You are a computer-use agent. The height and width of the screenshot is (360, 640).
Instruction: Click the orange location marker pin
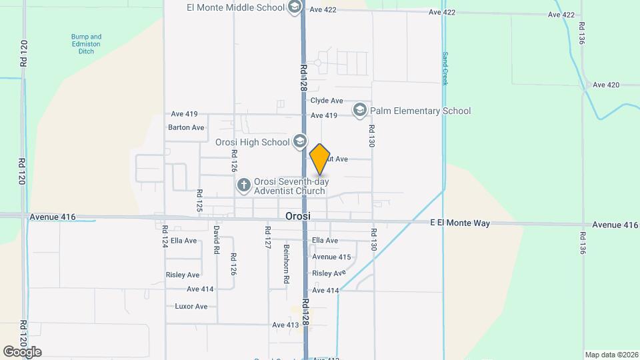click(320, 159)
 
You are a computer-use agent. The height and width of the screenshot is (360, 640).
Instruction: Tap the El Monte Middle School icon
click(294, 8)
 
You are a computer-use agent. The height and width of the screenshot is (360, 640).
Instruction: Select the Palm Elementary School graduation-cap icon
click(360, 110)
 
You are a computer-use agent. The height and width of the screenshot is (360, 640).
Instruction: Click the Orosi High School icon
click(299, 141)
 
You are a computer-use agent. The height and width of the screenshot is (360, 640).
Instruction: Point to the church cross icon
click(244, 185)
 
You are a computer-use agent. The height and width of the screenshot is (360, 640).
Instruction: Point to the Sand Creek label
click(444, 67)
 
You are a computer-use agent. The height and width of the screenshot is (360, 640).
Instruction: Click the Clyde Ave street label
click(327, 101)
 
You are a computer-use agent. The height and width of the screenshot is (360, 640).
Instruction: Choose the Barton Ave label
click(186, 127)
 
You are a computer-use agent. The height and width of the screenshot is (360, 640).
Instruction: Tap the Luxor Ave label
click(191, 306)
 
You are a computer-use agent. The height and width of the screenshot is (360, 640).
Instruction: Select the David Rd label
click(217, 240)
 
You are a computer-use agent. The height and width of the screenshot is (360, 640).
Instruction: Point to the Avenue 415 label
click(331, 257)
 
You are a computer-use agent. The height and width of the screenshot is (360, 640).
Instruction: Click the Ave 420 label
click(606, 85)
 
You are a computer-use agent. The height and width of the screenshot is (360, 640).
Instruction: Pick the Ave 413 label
click(285, 325)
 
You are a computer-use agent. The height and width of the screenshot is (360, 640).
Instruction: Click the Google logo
click(22, 351)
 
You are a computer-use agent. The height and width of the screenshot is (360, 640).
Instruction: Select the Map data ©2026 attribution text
click(611, 355)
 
